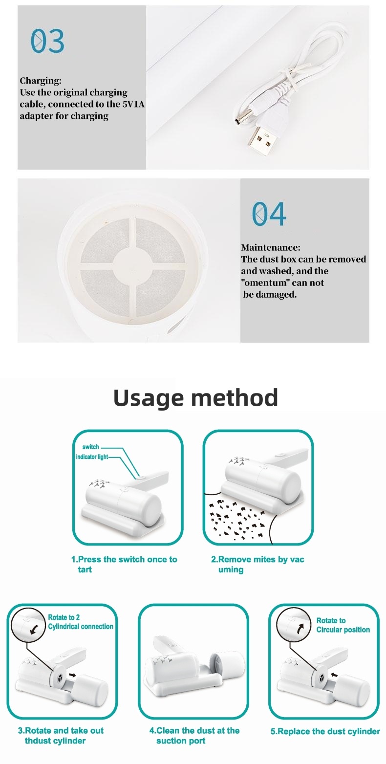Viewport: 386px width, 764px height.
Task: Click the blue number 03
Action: coord(47,41)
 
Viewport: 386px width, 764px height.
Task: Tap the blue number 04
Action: coord(269,214)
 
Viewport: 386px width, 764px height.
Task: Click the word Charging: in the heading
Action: coord(41,81)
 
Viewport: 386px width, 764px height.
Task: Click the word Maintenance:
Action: coord(271,247)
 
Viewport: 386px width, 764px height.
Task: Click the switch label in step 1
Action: coord(91,447)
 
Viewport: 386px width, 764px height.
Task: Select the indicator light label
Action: coord(92,457)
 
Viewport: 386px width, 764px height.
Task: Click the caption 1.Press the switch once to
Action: coord(124,559)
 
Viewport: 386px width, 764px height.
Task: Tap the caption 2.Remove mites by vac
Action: coord(257,559)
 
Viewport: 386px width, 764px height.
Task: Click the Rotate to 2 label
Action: coord(64,617)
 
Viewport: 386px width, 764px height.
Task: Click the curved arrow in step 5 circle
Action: coord(300,628)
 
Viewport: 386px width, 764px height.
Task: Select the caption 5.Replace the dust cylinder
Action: coord(325,731)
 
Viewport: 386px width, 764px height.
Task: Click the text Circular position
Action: coord(343,630)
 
